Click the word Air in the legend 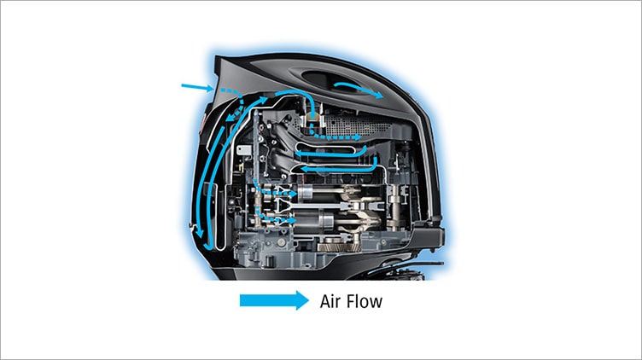[x=330, y=301]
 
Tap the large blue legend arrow [x=274, y=300]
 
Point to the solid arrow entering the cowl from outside [x=197, y=87]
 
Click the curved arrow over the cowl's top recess [x=359, y=89]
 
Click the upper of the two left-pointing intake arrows [x=331, y=153]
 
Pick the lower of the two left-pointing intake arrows [x=339, y=168]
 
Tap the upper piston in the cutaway [x=308, y=192]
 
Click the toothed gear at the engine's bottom [x=339, y=247]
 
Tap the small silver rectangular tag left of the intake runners [x=243, y=150]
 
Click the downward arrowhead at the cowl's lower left [x=200, y=234]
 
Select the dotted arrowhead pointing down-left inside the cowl [x=231, y=118]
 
